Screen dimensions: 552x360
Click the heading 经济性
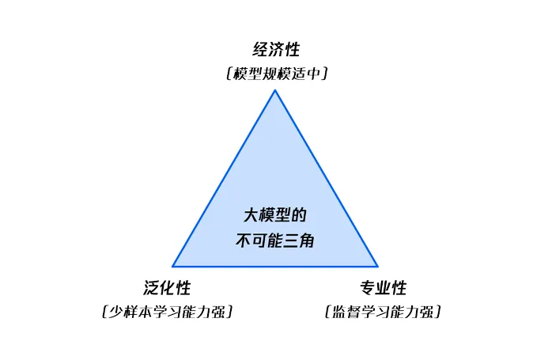276,50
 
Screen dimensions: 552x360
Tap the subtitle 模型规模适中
276,74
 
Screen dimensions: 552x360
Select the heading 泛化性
167,288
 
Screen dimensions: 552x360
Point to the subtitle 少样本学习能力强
167,312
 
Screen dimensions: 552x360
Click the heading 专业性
383,288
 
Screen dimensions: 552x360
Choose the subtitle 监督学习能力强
383,312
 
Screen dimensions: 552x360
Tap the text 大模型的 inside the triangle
274,216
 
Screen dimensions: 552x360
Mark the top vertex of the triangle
275,90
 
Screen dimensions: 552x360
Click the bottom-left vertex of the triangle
173,266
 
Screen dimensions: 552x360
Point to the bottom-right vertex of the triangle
377,266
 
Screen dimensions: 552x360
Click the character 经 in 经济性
260,50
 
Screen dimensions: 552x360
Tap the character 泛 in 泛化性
151,288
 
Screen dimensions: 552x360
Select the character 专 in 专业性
367,288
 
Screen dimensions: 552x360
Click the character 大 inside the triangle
251,216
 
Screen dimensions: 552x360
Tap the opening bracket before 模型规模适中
227,74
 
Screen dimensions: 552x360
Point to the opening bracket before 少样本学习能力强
104,312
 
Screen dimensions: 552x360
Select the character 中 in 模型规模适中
316,74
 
